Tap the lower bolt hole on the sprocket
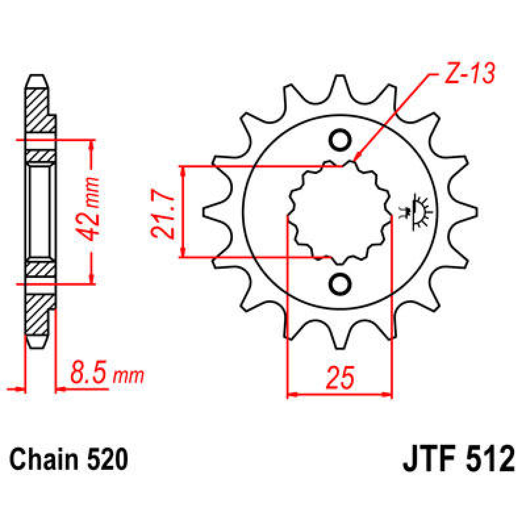340,284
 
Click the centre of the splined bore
339,212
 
